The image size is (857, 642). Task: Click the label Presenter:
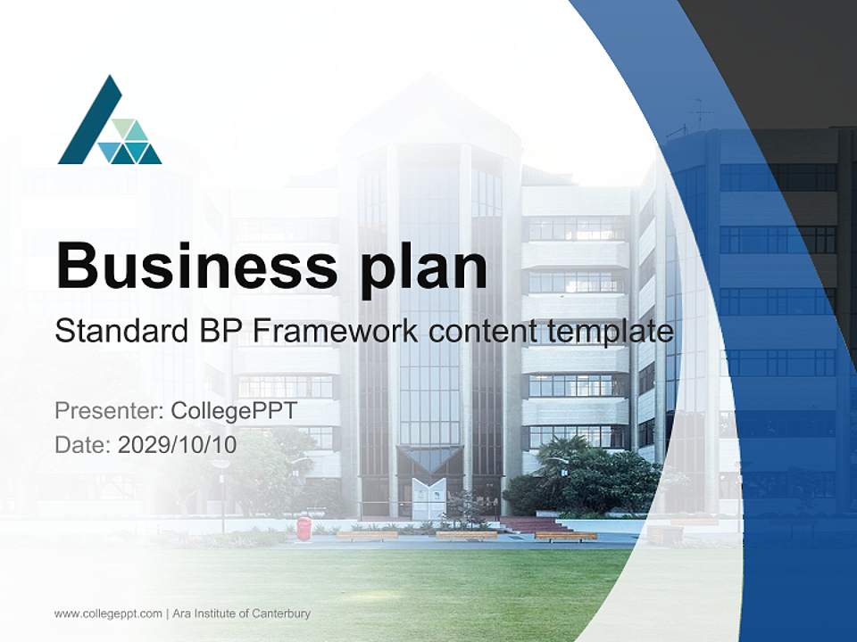[x=109, y=411]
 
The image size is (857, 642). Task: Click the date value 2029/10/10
[x=177, y=445]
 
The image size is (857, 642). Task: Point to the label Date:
[x=83, y=445]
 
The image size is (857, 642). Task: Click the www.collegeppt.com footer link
[x=108, y=613]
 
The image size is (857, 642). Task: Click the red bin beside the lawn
[x=304, y=527]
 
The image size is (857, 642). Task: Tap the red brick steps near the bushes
[x=534, y=525]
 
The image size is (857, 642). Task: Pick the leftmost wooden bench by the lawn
[x=367, y=535]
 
